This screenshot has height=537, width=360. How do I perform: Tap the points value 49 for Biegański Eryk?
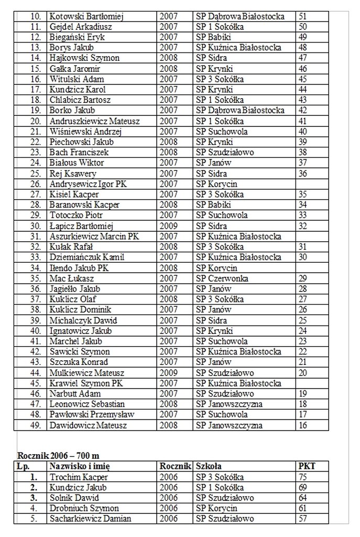[x=302, y=37]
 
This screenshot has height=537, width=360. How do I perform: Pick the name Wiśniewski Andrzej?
[x=85, y=132]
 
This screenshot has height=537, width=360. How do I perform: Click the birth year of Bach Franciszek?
[x=168, y=153]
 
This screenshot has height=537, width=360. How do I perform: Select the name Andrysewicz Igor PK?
[x=88, y=184]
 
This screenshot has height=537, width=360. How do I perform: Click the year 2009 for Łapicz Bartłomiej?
[x=168, y=226]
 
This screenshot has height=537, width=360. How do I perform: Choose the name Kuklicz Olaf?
[x=73, y=299]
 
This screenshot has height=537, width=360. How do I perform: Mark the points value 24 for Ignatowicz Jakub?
[x=302, y=331]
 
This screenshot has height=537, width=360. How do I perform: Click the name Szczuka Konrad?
[x=79, y=362]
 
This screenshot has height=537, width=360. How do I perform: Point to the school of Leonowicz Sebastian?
[x=229, y=404]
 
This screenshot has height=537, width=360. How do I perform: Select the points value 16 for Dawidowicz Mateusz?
[x=302, y=425]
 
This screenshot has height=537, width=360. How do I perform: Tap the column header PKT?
[x=307, y=466]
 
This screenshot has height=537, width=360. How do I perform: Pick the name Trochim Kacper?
[x=79, y=477]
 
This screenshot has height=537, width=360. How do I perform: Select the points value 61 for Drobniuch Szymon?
[x=302, y=509]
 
